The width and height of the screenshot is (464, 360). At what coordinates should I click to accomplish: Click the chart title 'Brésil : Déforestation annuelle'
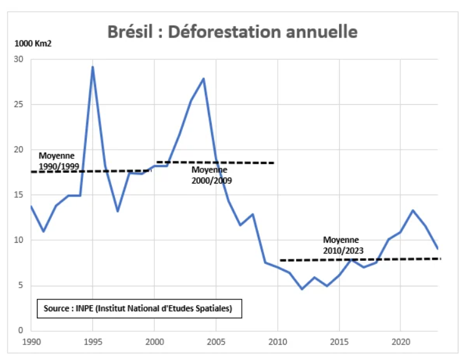pos(232,31)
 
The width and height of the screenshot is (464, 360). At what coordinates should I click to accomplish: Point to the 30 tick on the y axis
pos(19,59)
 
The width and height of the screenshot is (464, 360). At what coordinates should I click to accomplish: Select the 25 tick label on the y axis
pos(19,105)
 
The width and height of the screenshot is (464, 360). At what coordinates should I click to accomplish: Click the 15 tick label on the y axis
pos(19,195)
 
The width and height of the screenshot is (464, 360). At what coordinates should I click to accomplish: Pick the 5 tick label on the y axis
pos(21,286)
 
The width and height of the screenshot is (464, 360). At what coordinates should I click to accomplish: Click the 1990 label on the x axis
pos(31,342)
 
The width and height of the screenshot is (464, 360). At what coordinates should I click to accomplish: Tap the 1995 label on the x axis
pos(92,342)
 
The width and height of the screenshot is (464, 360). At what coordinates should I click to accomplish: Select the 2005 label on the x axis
pos(215,342)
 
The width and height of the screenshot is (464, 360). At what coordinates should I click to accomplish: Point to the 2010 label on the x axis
pos(277,342)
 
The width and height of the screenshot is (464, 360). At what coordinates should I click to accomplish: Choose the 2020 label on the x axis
pos(400,342)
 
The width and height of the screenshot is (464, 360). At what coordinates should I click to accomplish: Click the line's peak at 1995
pos(92,67)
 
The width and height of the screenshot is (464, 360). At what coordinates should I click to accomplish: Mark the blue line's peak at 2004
pos(204,79)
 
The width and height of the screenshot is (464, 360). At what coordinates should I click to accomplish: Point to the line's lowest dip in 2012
pos(302,289)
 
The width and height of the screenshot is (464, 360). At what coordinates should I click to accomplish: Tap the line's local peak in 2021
pos(413,210)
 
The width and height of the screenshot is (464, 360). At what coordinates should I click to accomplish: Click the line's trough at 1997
pos(117,212)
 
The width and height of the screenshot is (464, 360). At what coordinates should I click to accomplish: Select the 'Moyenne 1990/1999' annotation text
pos(57,160)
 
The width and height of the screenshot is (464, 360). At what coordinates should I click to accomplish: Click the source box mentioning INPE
pos(139,308)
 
